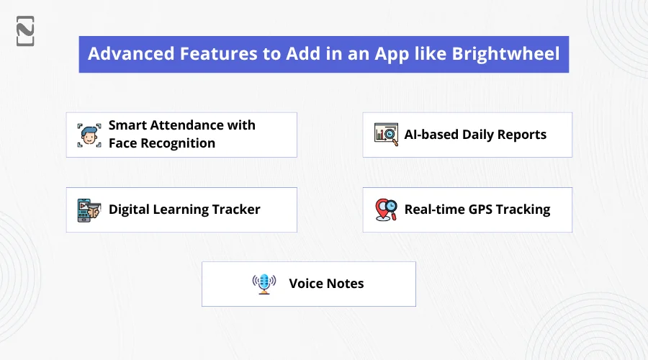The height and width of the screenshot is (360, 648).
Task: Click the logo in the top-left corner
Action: coord(25,31)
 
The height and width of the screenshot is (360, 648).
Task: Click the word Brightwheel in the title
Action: coord(505,54)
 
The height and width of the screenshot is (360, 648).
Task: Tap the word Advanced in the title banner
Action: coord(131,54)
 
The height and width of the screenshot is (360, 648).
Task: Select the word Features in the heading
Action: coord(219,54)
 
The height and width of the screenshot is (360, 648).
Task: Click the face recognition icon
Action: coord(89,135)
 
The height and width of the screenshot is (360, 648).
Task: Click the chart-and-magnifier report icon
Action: coord(387,135)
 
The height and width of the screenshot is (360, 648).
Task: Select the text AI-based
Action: coord(431,135)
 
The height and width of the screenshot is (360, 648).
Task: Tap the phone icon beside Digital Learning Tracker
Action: coord(89,210)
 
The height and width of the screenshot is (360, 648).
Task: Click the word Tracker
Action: coord(236,209)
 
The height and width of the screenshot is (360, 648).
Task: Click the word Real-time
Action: coord(434,209)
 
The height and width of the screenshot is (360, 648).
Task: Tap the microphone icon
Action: coord(264,284)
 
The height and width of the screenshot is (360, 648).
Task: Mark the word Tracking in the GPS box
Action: coord(523,210)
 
